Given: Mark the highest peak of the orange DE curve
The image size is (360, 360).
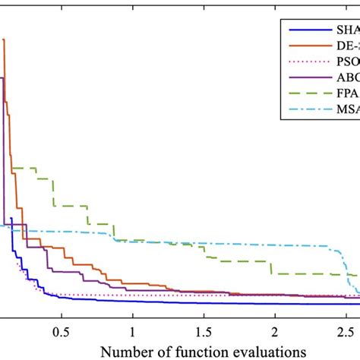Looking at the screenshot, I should (5, 39).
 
